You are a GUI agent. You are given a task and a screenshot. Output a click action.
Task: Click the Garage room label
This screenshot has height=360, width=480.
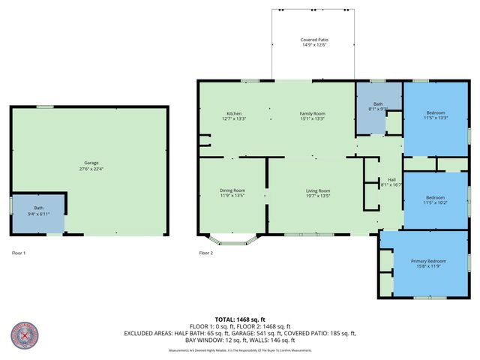[91, 163]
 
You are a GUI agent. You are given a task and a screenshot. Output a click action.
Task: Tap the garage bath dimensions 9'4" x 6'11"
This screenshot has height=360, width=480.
[38, 214]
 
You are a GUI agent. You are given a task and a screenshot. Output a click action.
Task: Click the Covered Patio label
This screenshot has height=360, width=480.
[314, 39]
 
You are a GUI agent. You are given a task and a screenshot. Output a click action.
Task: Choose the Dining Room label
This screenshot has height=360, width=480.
[232, 190]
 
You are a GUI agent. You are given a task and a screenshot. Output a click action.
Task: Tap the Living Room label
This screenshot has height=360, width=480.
[318, 190]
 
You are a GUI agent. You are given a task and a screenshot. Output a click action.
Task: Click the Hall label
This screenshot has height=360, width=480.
[391, 179]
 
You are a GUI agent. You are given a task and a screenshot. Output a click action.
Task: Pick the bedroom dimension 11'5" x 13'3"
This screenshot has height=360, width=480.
[435, 118]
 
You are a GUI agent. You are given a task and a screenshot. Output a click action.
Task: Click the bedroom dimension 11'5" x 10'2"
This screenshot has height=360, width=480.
[435, 202]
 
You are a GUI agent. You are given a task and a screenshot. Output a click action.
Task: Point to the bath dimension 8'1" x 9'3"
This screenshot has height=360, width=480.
[379, 109]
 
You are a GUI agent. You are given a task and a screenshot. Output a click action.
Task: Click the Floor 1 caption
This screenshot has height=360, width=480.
[19, 253]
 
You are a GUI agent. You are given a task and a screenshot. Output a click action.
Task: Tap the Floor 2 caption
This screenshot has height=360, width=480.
[205, 253]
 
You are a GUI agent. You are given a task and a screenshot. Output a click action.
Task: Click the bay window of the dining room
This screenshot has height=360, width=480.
[232, 241]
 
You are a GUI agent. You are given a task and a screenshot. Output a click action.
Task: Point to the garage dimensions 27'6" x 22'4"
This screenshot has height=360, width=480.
[91, 168]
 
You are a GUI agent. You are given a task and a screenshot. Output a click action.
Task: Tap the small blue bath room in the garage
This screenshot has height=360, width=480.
[37, 212]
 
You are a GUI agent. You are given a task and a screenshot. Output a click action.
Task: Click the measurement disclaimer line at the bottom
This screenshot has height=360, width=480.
[239, 350]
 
